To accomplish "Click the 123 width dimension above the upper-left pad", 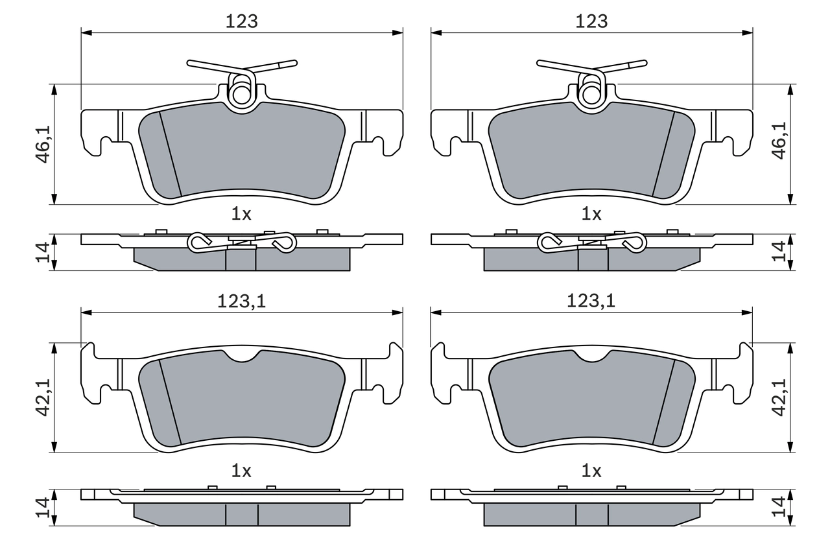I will tap(241, 21).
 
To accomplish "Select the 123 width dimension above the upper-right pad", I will tap(591, 21).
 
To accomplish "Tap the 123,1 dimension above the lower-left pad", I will tap(241, 301).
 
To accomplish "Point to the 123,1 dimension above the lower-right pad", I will tap(591, 301).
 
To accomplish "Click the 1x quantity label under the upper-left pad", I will tap(241, 214).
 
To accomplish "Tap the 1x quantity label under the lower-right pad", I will tap(591, 471).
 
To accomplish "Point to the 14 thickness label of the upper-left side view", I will tap(43, 252).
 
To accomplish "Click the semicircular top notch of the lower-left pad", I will tap(241, 357).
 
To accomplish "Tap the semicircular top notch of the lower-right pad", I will tap(591, 357).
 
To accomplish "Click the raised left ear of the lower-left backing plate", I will tap(88, 353).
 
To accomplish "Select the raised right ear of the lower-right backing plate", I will tap(745, 353).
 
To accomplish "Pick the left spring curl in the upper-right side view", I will tap(549, 242).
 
